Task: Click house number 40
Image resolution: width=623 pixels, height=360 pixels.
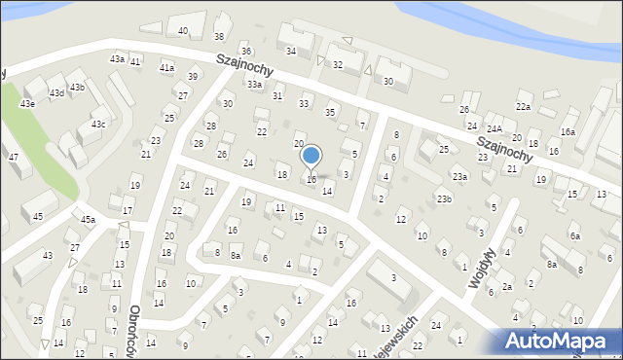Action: [183, 31]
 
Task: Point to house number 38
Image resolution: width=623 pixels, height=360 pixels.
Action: [219, 37]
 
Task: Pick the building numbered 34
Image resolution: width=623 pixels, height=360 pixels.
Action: [290, 51]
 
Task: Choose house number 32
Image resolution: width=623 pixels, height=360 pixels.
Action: [338, 65]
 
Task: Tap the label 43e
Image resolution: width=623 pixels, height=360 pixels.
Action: [28, 103]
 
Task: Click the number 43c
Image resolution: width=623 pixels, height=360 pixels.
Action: [98, 125]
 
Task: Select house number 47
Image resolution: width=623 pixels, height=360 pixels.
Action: [14, 157]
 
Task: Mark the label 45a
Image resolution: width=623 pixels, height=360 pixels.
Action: [88, 220]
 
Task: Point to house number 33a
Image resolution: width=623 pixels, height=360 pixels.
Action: [254, 85]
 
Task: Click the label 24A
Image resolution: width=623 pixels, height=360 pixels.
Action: [495, 128]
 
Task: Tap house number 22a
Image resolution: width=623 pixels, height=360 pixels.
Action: [524, 106]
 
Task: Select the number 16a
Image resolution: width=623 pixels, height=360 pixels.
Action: [568, 131]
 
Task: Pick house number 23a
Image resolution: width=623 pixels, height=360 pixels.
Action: [459, 177]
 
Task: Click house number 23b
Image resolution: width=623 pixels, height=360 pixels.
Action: [444, 199]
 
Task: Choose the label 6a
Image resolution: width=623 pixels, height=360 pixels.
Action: [575, 236]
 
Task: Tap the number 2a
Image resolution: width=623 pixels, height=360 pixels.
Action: [506, 287]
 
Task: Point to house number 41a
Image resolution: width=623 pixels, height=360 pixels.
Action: [166, 68]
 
